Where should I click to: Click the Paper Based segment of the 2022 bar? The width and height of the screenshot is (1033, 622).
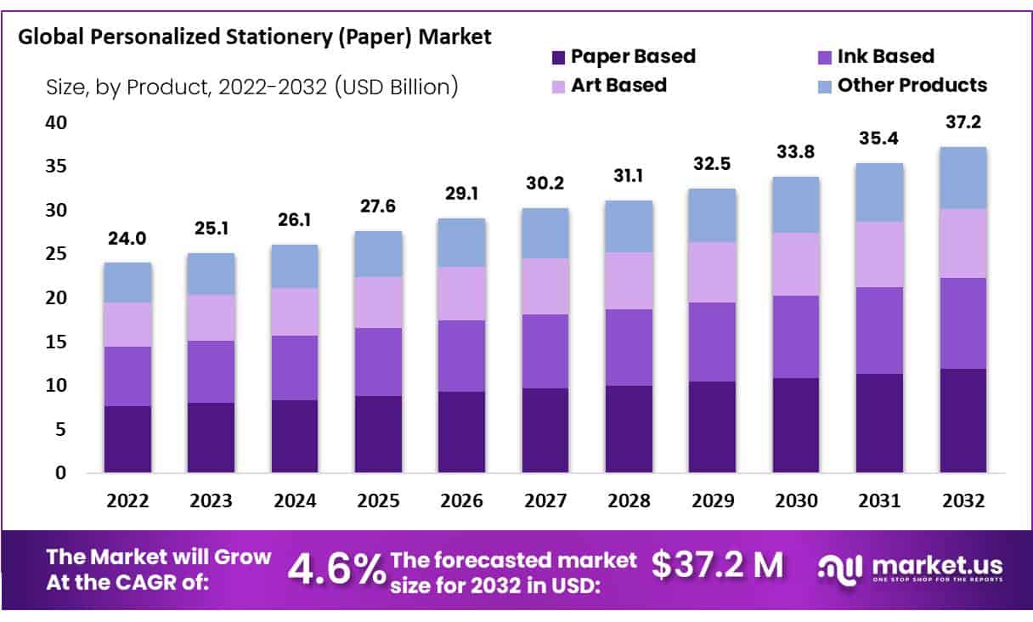[x=127, y=439]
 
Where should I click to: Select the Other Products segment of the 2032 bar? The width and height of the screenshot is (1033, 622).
[x=962, y=178]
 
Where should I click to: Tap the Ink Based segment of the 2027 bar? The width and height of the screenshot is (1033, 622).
[x=545, y=351]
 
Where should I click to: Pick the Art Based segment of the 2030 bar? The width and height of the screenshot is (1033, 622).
[x=795, y=264]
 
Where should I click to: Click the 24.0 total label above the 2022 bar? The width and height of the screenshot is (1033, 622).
[x=127, y=240]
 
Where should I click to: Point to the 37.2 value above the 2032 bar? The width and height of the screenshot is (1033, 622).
[x=962, y=123]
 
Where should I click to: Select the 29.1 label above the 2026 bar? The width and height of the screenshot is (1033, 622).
[x=461, y=195]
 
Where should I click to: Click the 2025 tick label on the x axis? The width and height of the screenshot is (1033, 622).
[x=378, y=501]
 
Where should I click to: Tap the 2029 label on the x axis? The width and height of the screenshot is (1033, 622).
[x=712, y=501]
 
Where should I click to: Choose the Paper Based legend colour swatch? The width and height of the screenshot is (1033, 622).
[x=558, y=58]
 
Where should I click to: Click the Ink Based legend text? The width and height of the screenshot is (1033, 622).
[x=885, y=57]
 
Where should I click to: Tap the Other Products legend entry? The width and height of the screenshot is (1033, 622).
[x=912, y=85]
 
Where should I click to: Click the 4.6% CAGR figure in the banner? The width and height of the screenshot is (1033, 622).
[x=336, y=568]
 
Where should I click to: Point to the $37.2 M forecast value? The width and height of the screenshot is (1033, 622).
[x=718, y=564]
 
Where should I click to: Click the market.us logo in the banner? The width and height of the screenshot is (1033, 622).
[x=910, y=567]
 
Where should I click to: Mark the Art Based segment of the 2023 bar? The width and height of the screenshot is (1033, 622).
[x=211, y=318]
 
